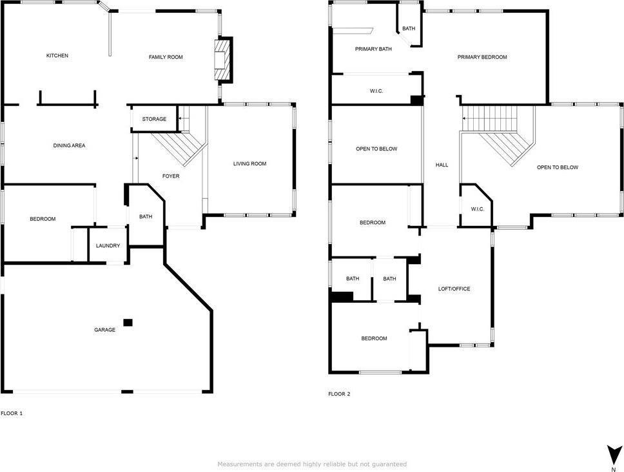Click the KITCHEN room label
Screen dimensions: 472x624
coord(57,56)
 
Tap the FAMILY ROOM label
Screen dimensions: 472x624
coord(166,57)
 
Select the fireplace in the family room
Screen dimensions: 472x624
coord(222,61)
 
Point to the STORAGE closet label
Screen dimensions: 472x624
coord(154,119)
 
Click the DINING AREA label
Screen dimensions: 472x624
coord(69,146)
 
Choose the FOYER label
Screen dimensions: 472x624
coord(171,176)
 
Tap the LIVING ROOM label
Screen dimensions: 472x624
coord(249,164)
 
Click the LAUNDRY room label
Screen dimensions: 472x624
coord(108,246)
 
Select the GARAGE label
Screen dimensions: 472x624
coord(105,330)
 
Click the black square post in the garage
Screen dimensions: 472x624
coord(128,322)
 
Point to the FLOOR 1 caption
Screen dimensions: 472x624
coord(12,413)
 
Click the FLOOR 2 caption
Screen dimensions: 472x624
coord(339,393)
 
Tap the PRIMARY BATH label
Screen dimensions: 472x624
coord(373,49)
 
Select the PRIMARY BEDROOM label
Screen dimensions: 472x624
coord(482,57)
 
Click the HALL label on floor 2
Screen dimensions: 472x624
coord(442,165)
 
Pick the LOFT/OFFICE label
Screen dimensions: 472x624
coord(454,289)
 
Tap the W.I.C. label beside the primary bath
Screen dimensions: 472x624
coord(376,92)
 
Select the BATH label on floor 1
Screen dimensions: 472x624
coord(146,216)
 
